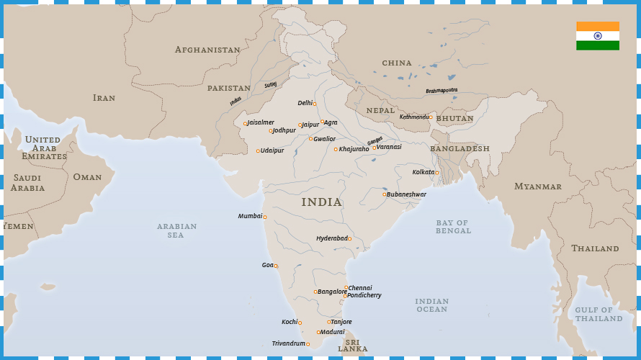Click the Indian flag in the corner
tap(597, 36)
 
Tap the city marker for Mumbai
tap(264, 217)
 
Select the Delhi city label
tap(305, 103)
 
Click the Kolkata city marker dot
tap(436, 173)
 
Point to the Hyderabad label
tap(331, 238)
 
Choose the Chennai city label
tap(360, 288)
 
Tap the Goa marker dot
tap(276, 266)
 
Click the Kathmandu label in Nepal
tap(414, 117)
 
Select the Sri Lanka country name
tap(353, 346)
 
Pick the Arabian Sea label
tap(176, 230)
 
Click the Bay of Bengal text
tap(453, 227)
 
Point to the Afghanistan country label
tap(207, 50)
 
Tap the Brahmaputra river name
tap(441, 91)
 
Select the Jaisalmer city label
tap(261, 122)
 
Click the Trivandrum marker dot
tap(308, 344)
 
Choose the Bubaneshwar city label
tap(406, 194)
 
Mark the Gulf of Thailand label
tap(599, 314)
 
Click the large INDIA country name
tap(321, 202)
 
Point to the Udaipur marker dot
tap(258, 151)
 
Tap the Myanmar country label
tap(537, 186)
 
